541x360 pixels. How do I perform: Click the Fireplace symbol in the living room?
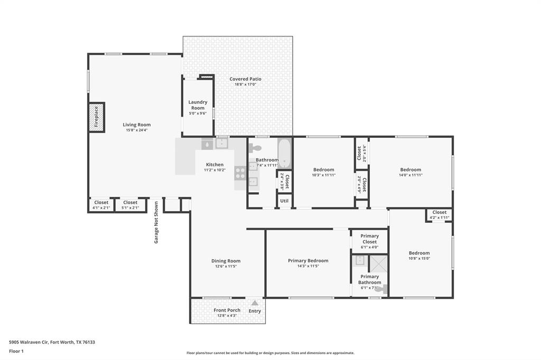pyautogui.click(x=97, y=117)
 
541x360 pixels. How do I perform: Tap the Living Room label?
pyautogui.click(x=137, y=125)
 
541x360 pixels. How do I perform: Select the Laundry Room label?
pyautogui.click(x=198, y=105)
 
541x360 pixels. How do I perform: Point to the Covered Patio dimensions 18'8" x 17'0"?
pyautogui.click(x=245, y=84)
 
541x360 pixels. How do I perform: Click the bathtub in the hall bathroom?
pyautogui.click(x=284, y=153)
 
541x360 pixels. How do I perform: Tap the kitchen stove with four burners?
pyautogui.click(x=240, y=170)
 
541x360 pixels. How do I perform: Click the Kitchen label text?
pyautogui.click(x=214, y=165)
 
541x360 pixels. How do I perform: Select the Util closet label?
pyautogui.click(x=284, y=201)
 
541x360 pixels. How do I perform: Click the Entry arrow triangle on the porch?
pyautogui.click(x=255, y=303)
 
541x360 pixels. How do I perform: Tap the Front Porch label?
pyautogui.click(x=227, y=310)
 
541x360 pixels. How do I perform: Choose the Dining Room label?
pyautogui.click(x=226, y=261)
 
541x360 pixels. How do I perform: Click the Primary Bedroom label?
pyautogui.click(x=308, y=261)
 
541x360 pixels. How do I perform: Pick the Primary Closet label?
pyautogui.click(x=369, y=239)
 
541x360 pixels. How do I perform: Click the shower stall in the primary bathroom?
pyautogui.click(x=378, y=263)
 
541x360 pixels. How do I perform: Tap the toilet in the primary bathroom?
pyautogui.click(x=384, y=289)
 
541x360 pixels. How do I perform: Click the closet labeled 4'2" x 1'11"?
pyautogui.click(x=439, y=214)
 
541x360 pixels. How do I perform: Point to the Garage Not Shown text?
pyautogui.click(x=156, y=222)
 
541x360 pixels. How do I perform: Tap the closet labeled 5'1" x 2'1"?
pyautogui.click(x=130, y=204)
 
